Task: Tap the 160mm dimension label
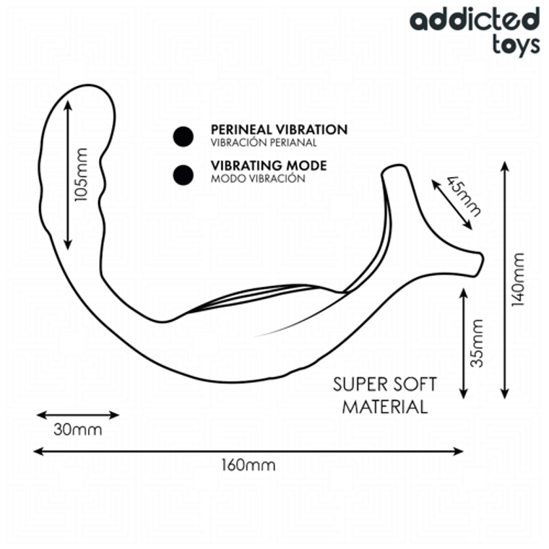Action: [248, 464]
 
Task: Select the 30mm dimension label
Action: [77, 430]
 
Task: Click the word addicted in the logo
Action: [475, 20]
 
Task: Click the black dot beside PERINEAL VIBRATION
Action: [183, 135]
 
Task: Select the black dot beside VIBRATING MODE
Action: [183, 173]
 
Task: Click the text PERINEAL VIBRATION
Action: [279, 130]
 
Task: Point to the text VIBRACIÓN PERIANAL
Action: [264, 143]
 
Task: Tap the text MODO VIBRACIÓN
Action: [258, 178]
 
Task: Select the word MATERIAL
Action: [385, 407]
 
